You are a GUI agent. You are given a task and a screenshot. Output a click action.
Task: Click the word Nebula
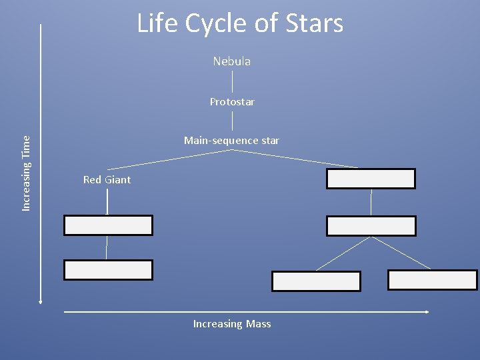(x=232, y=61)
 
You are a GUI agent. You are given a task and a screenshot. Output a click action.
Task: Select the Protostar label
(x=232, y=102)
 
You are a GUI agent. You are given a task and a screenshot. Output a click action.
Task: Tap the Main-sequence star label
(x=231, y=141)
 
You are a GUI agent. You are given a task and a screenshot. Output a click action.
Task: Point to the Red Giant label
(x=107, y=180)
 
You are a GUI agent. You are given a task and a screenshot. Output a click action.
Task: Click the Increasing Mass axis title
(x=232, y=324)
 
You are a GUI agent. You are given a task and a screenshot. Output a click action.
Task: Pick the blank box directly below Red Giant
(x=108, y=225)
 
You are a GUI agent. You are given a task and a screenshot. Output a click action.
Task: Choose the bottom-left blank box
(x=108, y=270)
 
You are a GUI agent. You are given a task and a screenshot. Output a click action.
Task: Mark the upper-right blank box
(x=371, y=179)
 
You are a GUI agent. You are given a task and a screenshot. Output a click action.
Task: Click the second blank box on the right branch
(x=371, y=226)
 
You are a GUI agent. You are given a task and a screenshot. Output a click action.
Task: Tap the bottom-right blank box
(x=432, y=280)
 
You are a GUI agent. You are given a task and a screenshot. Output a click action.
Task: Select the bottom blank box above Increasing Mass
(x=316, y=281)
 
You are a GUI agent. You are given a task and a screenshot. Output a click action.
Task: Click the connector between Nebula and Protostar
(x=232, y=81)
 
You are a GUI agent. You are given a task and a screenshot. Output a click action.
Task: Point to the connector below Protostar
(x=232, y=121)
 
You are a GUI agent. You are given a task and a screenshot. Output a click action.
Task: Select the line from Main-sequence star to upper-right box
(x=297, y=159)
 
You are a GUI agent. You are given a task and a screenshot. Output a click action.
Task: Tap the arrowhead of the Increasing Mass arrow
(x=427, y=311)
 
